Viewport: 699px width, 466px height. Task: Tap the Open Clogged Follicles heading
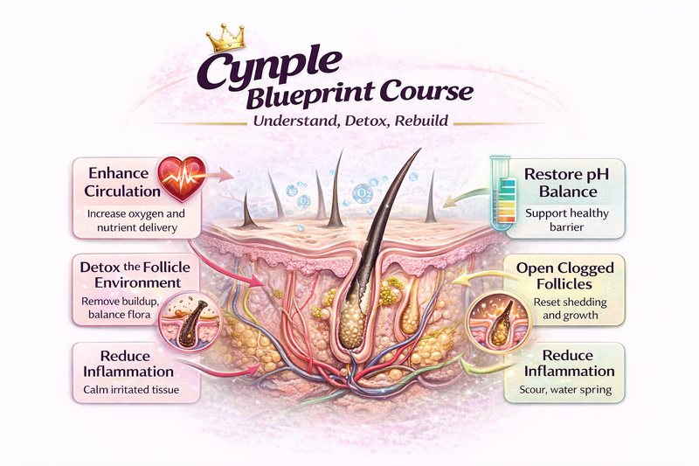(x=565, y=275)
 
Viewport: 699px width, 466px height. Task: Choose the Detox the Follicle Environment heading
(x=130, y=274)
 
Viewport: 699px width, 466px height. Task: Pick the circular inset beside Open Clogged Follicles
(x=495, y=323)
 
